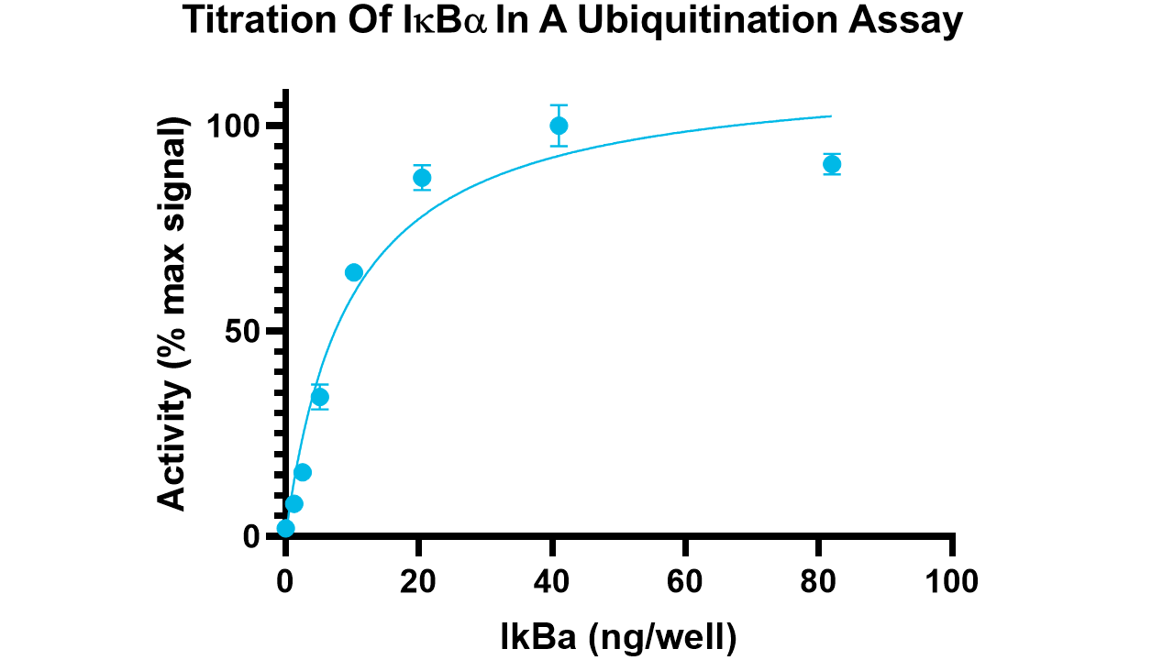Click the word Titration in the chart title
(x=260, y=20)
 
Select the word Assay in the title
(x=905, y=22)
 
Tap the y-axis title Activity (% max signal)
(x=172, y=313)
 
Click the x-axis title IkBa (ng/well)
(x=618, y=637)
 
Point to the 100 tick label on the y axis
(x=236, y=126)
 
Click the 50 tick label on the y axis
(x=244, y=331)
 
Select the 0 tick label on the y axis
(x=252, y=537)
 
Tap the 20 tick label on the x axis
(x=417, y=581)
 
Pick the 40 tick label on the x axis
(x=551, y=581)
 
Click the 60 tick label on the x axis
(x=685, y=581)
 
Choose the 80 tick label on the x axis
(x=818, y=581)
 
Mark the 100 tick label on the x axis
(x=952, y=581)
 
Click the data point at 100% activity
(x=559, y=126)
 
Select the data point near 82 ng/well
(x=832, y=164)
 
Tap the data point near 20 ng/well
(x=422, y=178)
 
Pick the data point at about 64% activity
(x=354, y=272)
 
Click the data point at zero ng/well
(x=285, y=528)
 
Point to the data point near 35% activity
(x=320, y=398)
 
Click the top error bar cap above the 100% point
(x=559, y=105)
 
